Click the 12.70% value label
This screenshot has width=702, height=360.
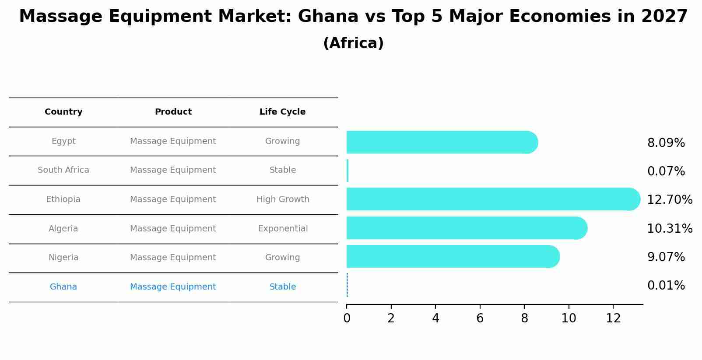(669, 200)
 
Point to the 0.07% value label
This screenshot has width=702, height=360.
(666, 171)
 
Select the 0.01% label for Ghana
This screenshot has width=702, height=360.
(666, 286)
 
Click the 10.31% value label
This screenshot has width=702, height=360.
(669, 229)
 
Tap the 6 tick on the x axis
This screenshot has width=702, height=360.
(480, 318)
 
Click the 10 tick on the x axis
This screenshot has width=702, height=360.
(569, 318)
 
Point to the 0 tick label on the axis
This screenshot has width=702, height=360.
(347, 318)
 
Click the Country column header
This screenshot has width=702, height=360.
(63, 112)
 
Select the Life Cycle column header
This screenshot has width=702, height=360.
(282, 112)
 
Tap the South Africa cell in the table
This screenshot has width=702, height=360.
(63, 170)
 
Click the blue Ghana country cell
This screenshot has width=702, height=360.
(63, 287)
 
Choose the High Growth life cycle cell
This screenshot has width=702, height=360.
(283, 199)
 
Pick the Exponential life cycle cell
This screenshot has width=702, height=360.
(283, 229)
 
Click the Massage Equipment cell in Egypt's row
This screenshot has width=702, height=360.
(173, 141)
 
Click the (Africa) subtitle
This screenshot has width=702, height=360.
(353, 43)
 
